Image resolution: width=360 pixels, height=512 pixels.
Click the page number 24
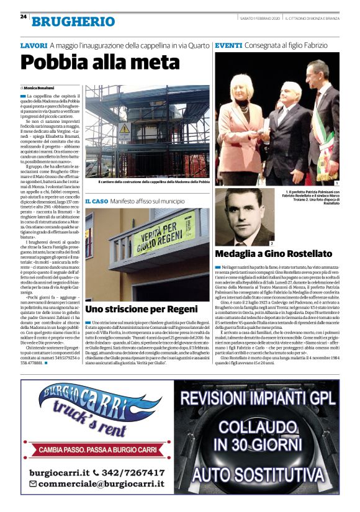point(24,16)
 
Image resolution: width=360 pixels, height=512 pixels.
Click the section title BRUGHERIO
point(73,21)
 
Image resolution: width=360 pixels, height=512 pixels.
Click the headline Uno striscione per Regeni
point(141,308)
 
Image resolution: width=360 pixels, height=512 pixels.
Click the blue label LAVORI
point(34,46)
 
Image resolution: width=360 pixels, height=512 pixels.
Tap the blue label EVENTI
point(227,46)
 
